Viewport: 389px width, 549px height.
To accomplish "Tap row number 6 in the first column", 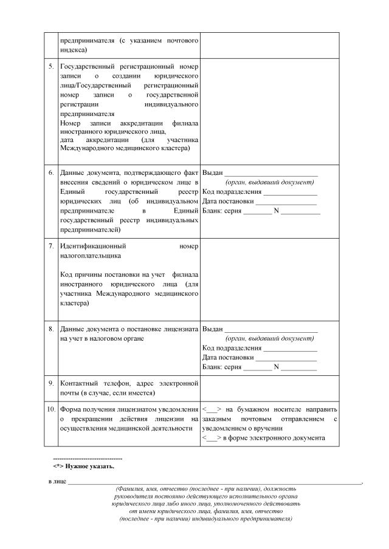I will pos(52,173).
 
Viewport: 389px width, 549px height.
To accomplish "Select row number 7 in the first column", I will pos(52,247).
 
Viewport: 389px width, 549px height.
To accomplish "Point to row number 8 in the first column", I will pos(52,329).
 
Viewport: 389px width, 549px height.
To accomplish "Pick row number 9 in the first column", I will pos(52,383).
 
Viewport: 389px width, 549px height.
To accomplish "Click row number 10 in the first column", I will pos(51,409).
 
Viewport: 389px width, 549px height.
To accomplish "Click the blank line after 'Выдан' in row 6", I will pos(271,173).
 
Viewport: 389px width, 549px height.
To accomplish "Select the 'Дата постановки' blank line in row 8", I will pos(286,358).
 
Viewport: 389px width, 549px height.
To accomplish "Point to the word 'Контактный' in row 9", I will pos(78,383).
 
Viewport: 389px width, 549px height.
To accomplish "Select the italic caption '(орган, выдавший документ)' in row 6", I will pos(269,182).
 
